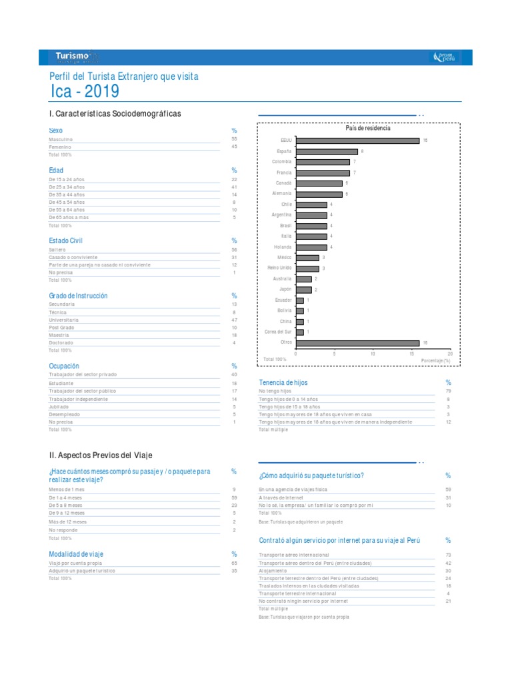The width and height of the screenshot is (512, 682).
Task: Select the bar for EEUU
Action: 357,141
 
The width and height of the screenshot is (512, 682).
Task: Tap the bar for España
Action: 327,151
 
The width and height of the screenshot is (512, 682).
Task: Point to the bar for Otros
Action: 357,343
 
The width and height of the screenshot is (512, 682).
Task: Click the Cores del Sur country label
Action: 278,332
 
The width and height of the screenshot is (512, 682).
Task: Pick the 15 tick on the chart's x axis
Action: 411,354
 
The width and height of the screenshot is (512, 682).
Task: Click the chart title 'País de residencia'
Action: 367,128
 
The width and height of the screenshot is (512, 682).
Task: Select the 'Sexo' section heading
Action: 56,131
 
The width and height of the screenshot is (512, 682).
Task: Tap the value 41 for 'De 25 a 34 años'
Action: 234,187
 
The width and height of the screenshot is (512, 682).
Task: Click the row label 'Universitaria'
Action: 64,320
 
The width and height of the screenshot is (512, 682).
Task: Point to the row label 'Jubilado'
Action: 59,406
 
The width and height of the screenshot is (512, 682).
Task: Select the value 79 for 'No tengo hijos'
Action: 448,391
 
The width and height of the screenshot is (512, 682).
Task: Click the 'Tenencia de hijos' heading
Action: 283,382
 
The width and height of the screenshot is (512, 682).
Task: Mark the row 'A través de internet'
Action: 281,498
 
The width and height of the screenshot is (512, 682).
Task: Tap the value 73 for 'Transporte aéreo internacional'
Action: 448,555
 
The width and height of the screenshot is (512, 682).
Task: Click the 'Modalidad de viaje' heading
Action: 76,554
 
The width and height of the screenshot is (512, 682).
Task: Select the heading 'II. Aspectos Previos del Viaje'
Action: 101,455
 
